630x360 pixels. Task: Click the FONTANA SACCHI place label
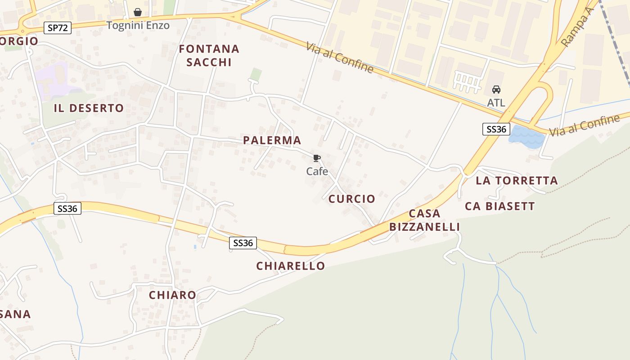pos(209,55)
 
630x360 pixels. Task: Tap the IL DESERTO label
pos(89,108)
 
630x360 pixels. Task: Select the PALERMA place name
pos(272,140)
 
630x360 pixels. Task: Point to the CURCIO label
pos(352,199)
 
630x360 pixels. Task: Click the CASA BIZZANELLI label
pos(424,220)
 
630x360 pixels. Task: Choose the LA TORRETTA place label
pos(517,181)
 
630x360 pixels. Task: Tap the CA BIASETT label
pos(500,207)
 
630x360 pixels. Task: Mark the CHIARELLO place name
pos(291,266)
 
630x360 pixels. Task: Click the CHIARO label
pos(172,295)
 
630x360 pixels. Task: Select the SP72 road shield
pos(58,28)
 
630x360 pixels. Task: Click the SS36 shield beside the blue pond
pos(495,130)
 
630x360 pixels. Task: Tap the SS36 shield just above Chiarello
pos(243,243)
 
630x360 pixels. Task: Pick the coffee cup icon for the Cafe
pos(317,158)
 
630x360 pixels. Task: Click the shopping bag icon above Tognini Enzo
pos(138,12)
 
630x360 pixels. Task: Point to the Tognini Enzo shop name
pos(138,25)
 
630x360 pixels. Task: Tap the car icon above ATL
pos(496,90)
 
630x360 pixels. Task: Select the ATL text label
pos(496,103)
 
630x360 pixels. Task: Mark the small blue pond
pos(526,137)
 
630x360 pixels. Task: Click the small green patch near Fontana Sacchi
pos(256,74)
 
